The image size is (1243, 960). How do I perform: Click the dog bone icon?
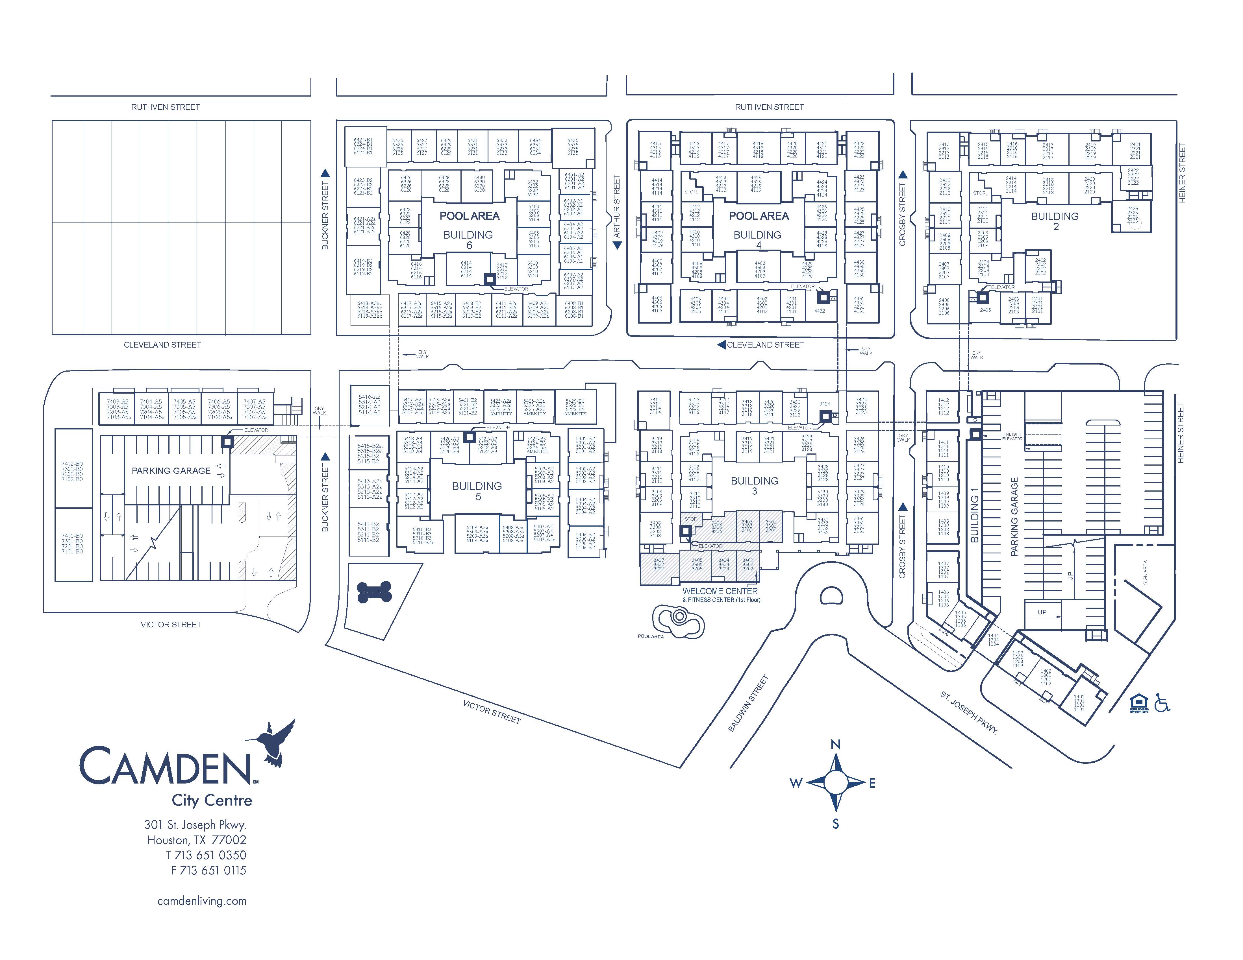374,593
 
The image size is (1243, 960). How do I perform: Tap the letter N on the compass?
836,745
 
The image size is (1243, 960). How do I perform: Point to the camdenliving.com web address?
202,901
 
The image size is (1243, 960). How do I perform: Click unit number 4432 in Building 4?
820,311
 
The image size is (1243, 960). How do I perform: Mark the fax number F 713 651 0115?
209,870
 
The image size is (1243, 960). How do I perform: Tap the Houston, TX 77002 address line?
197,840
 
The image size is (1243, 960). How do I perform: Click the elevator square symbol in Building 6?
489,279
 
